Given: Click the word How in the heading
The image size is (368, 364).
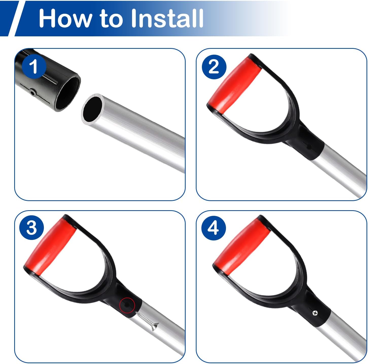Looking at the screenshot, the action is (65, 19).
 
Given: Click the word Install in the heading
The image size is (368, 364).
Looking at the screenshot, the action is (167, 18).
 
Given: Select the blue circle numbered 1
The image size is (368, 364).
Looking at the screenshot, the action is (34, 66).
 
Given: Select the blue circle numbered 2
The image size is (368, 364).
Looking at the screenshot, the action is (214, 67).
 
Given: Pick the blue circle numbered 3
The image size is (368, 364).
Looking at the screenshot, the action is (31, 227).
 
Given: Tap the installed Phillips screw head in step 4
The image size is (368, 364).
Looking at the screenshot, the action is (315, 313).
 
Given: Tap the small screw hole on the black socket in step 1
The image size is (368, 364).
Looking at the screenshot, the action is (33, 93).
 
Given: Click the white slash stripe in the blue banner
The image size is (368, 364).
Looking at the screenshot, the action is (17, 19).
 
